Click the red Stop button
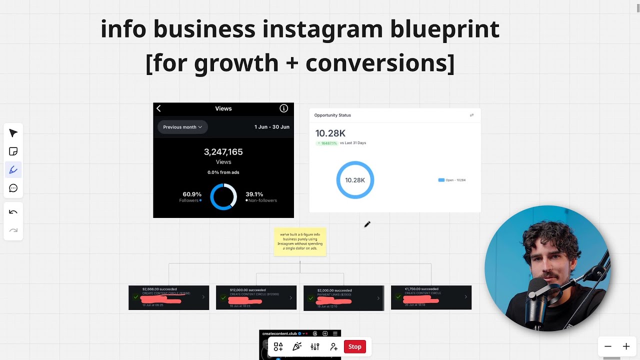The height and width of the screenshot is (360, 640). tap(354, 346)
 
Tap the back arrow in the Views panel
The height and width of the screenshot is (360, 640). tap(159, 108)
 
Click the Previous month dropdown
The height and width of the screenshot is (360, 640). tap(182, 127)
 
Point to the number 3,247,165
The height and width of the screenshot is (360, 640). tap(223, 152)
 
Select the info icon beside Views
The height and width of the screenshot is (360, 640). tap(283, 108)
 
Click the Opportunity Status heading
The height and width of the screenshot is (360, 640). tap(332, 115)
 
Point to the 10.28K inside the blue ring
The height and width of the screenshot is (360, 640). tap(355, 180)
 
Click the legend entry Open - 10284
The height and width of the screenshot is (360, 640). tap(452, 180)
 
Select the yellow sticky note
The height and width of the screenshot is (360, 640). tap(300, 242)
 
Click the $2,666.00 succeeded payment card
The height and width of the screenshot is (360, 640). tap(168, 297)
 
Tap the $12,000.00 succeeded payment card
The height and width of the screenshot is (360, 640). tap(256, 297)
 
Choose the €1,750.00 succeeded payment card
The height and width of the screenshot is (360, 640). tap(431, 297)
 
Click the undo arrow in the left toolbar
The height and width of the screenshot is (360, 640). tap(13, 212)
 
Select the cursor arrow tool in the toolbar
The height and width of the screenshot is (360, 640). tap(13, 133)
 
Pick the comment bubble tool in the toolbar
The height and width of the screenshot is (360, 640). tap(13, 188)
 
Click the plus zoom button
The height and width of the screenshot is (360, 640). tap(626, 346)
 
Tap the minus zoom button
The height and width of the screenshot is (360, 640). tap(608, 346)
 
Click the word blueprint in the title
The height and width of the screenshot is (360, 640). tap(444, 29)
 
